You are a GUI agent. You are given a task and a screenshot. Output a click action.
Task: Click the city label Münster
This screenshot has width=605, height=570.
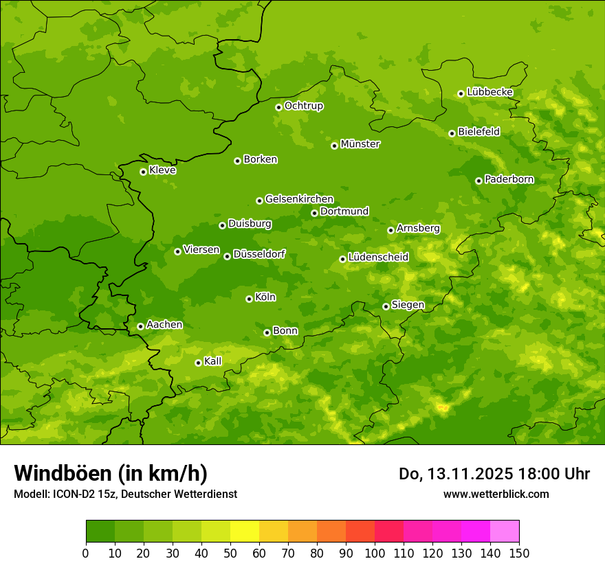[360, 144]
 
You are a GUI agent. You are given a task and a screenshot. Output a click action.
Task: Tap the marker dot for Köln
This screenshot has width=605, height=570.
[249, 299]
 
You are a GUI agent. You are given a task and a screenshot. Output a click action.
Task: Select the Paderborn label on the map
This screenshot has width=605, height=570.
[509, 179]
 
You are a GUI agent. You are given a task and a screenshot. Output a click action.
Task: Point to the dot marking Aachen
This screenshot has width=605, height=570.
[140, 326]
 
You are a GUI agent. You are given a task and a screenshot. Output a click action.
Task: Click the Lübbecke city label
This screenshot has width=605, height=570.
[489, 92]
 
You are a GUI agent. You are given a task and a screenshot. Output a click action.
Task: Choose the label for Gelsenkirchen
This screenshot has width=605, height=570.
[299, 199]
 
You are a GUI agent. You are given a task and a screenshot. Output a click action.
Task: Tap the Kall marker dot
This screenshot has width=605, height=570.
[198, 363]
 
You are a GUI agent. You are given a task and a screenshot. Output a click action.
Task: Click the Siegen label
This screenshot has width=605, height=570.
[408, 305]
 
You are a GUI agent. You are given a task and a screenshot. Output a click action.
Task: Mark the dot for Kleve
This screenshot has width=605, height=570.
[143, 172]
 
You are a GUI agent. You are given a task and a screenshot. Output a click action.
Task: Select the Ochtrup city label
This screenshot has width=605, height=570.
[303, 106]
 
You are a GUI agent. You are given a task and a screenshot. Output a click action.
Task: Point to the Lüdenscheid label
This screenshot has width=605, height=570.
[378, 258]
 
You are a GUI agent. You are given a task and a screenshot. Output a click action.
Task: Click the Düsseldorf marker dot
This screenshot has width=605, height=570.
[227, 256]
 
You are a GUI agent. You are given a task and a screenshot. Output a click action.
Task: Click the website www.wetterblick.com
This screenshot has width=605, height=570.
[496, 494]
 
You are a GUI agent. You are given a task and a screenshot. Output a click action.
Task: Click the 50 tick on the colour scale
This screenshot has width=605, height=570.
[230, 552]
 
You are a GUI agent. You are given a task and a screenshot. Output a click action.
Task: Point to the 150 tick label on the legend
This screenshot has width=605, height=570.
[519, 552]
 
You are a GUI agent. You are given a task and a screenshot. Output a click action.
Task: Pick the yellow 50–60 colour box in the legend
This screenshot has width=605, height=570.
[245, 532]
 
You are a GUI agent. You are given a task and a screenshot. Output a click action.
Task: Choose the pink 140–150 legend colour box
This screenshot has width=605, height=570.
[505, 532]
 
